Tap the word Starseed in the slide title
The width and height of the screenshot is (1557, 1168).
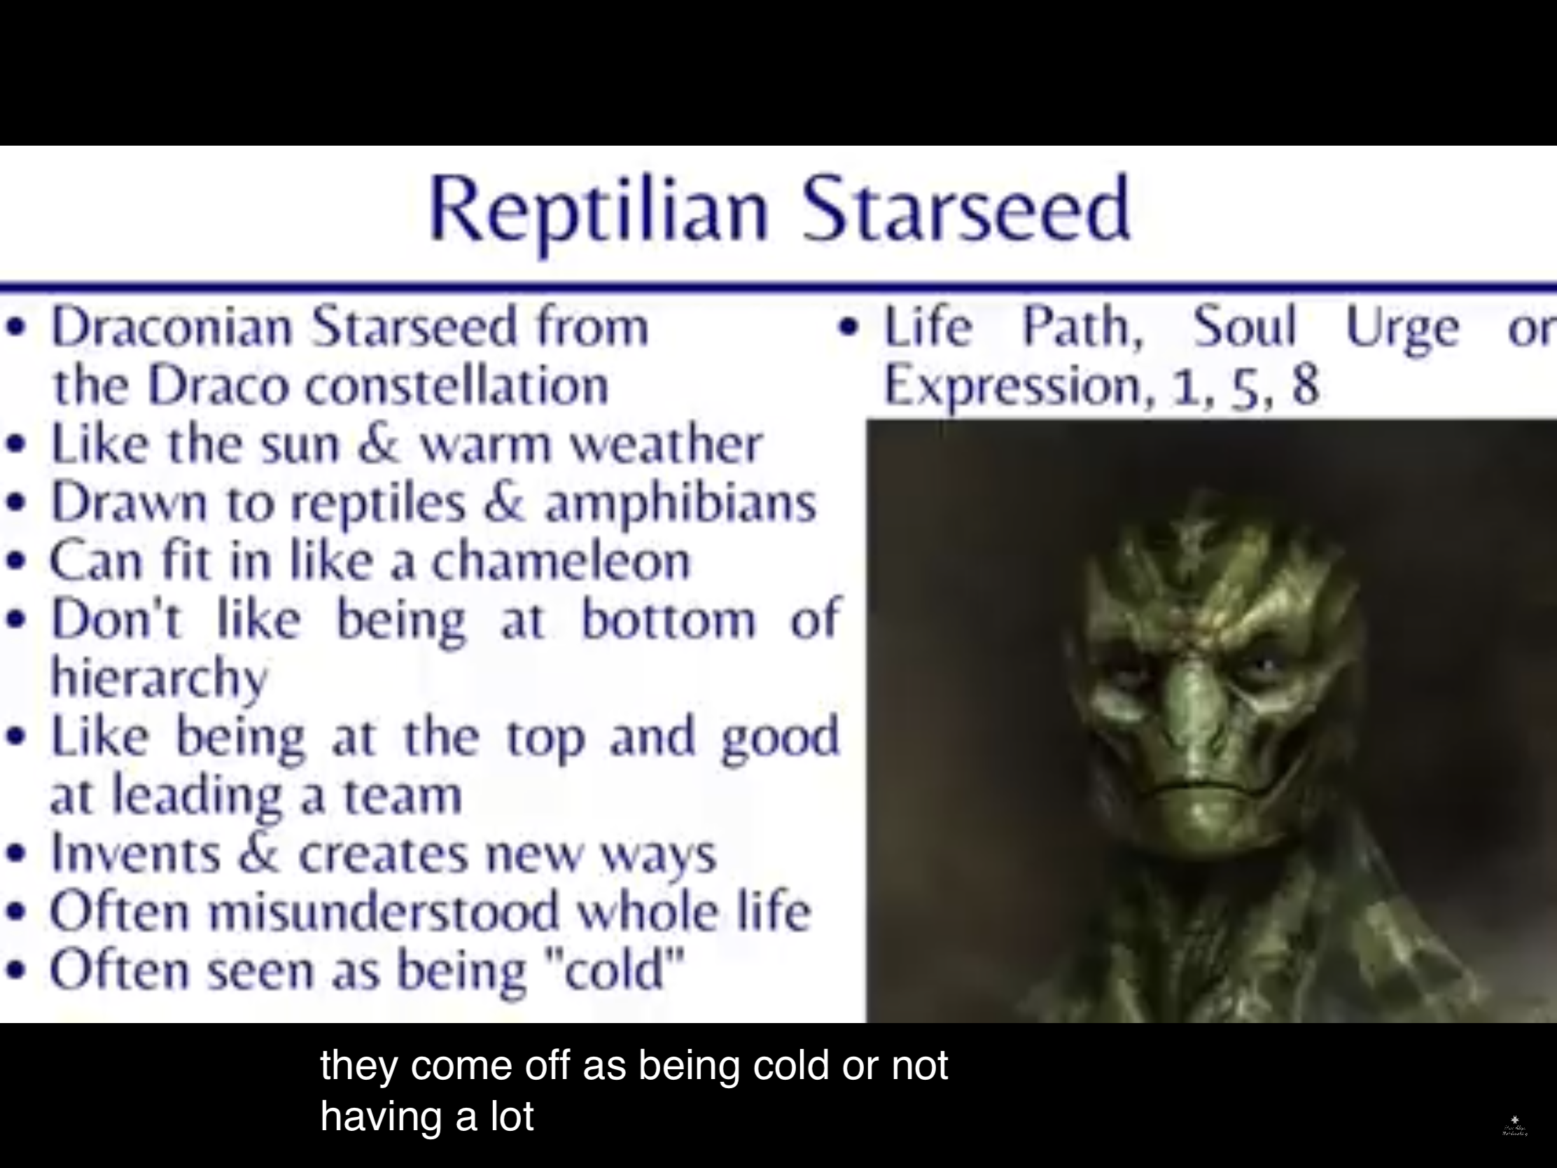tap(965, 209)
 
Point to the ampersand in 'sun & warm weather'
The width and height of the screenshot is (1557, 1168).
tap(380, 443)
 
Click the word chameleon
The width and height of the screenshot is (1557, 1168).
tap(561, 561)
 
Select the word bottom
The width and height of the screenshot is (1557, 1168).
tap(669, 620)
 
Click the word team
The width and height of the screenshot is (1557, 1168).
tap(403, 795)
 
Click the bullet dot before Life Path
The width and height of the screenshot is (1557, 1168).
tap(850, 327)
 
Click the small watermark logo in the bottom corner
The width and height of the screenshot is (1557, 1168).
tap(1515, 1126)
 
